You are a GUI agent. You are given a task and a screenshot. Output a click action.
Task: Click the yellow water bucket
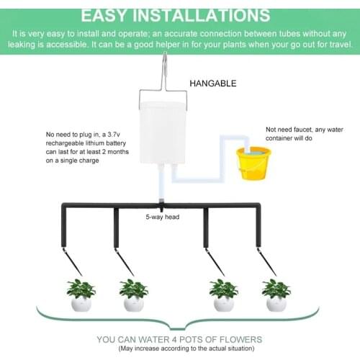click(x=254, y=163)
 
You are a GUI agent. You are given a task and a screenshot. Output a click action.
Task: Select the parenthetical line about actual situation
click(x=180, y=349)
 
